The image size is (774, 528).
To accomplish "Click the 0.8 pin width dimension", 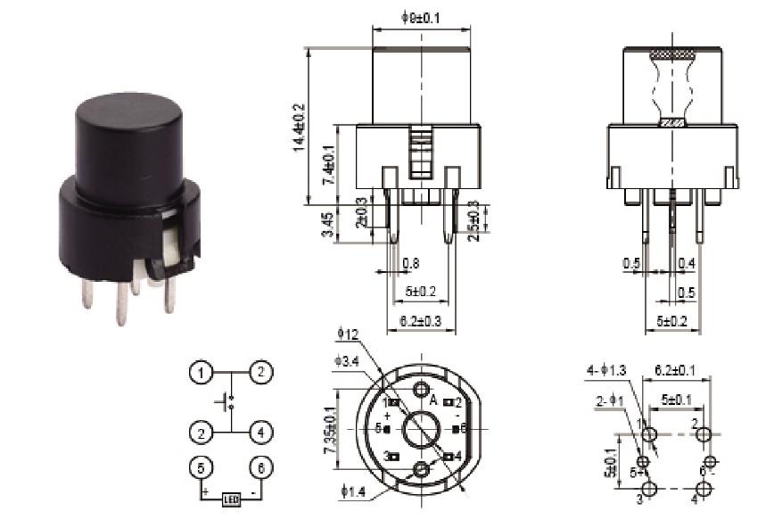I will click(x=410, y=263).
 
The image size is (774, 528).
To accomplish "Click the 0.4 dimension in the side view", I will click(x=687, y=263).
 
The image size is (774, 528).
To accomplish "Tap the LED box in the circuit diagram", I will click(x=232, y=500).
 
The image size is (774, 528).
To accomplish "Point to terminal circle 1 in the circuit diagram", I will click(x=203, y=372).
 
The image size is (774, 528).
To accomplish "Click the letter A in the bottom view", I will click(x=433, y=401).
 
